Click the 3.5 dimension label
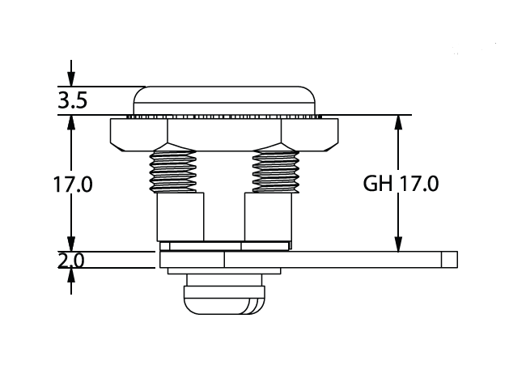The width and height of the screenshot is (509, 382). coord(72,100)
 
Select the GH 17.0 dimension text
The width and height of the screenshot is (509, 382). coord(401,184)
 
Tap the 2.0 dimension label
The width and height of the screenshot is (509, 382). coord(71,260)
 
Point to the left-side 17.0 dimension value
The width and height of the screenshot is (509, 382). coord(73,185)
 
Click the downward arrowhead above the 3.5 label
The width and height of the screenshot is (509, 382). coord(71,79)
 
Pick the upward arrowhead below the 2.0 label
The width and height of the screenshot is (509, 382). coord(71,276)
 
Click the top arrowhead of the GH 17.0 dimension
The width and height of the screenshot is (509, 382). coord(399,123)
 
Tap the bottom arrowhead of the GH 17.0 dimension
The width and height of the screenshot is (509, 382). coord(399,243)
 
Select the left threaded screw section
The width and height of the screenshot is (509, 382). coord(172,172)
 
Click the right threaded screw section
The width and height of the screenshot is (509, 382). coord(276,172)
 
